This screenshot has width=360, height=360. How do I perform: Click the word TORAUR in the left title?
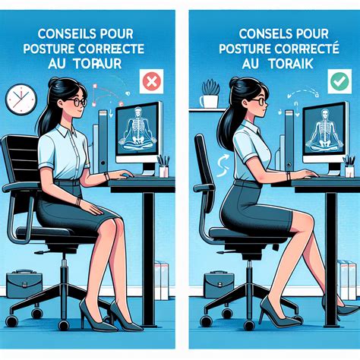(106, 65)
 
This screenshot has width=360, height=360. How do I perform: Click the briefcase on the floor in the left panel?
(27, 284)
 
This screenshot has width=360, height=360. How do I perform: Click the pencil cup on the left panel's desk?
(163, 168)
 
